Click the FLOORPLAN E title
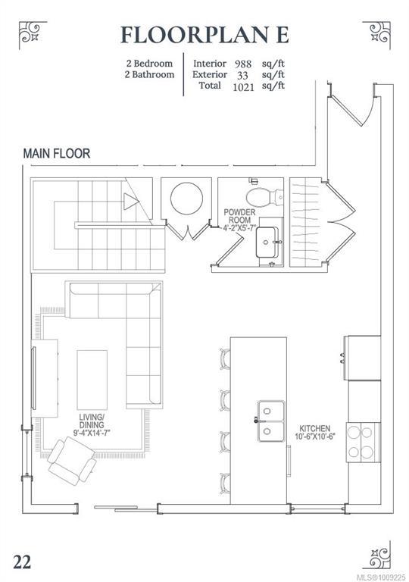pos(204,36)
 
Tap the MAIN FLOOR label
pos(56,153)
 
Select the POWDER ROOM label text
pos(239,216)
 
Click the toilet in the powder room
pos(264,197)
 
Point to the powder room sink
pos(267,241)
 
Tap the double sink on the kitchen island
pos(271,421)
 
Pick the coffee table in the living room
pos(92,380)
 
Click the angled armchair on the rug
pos(72,461)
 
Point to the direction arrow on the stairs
pos(131,201)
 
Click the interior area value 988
pos(242,64)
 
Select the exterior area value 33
pos(242,75)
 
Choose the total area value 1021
pos(243,87)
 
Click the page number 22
pos(22,562)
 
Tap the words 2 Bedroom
pos(149,64)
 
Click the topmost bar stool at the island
pos(225,359)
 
